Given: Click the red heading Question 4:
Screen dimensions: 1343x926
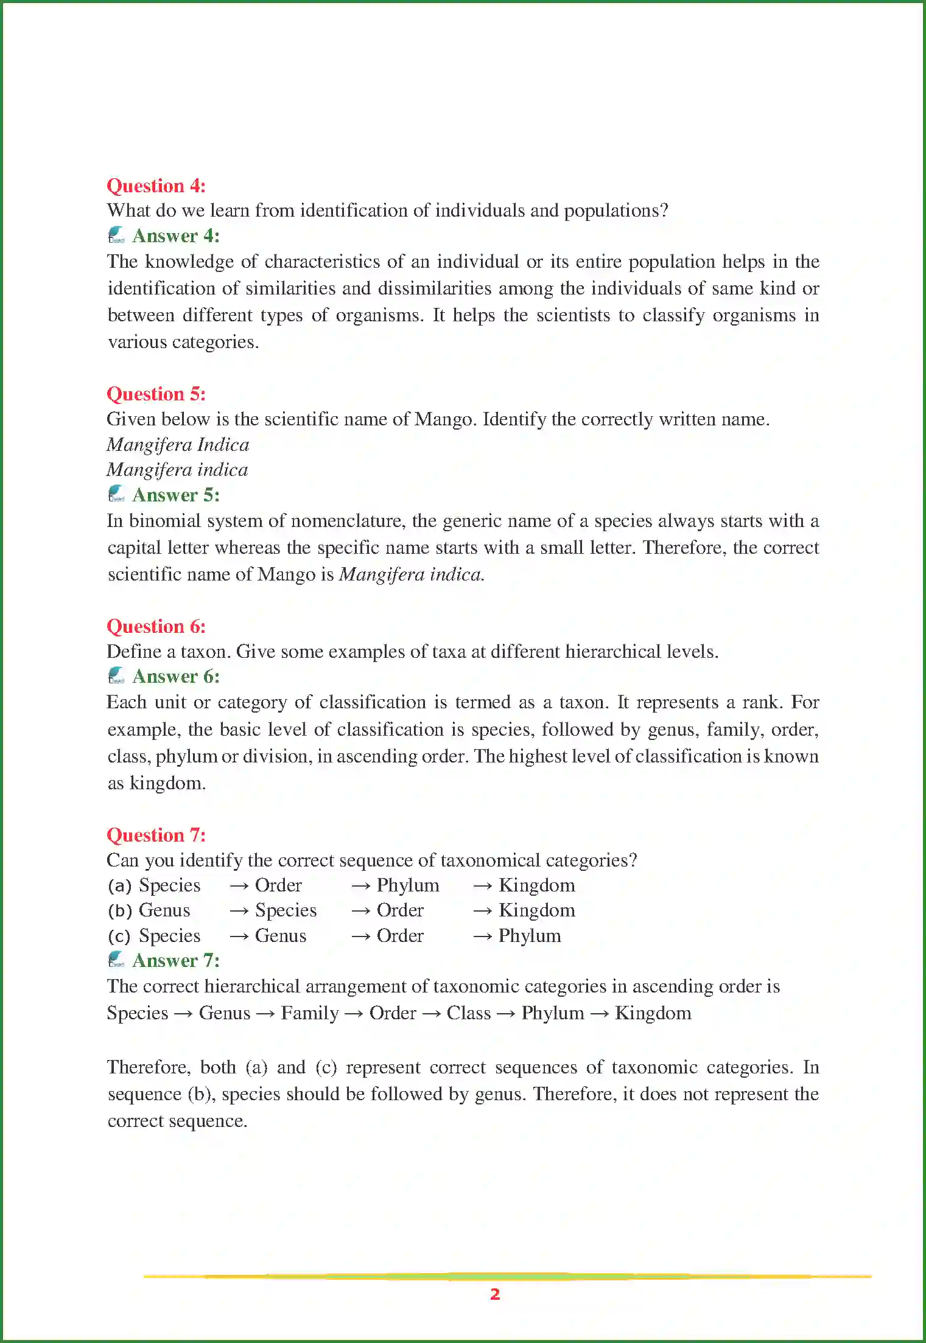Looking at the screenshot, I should pyautogui.click(x=156, y=186).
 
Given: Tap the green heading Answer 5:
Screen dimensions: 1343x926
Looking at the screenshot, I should pyautogui.click(x=175, y=495).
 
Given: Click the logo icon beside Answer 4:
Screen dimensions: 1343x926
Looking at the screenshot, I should pyautogui.click(x=116, y=235).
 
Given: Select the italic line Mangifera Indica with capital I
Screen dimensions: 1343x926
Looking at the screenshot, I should pyautogui.click(x=178, y=445).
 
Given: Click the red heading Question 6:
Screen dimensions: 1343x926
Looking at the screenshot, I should pyautogui.click(x=156, y=626).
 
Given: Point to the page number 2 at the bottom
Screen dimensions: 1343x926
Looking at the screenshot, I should pyautogui.click(x=495, y=1294).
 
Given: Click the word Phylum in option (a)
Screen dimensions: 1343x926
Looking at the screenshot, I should pyautogui.click(x=408, y=885).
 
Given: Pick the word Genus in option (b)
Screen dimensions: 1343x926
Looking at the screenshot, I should pyautogui.click(x=164, y=910).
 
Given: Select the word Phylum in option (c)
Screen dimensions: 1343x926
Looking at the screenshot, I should pyautogui.click(x=530, y=936).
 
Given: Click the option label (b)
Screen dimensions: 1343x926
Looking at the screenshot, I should pyautogui.click(x=120, y=911).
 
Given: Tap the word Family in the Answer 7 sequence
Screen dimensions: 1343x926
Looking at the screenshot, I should pyautogui.click(x=310, y=1013).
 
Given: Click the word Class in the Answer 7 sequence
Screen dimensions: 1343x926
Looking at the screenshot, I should pyautogui.click(x=469, y=1013).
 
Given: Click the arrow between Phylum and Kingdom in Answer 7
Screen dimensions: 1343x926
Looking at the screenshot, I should pyautogui.click(x=600, y=1014).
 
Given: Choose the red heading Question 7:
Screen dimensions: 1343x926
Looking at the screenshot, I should pyautogui.click(x=156, y=835).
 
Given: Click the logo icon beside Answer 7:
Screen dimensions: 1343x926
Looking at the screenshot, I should pyautogui.click(x=116, y=960).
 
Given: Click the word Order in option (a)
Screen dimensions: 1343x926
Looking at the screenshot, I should pyautogui.click(x=278, y=885).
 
